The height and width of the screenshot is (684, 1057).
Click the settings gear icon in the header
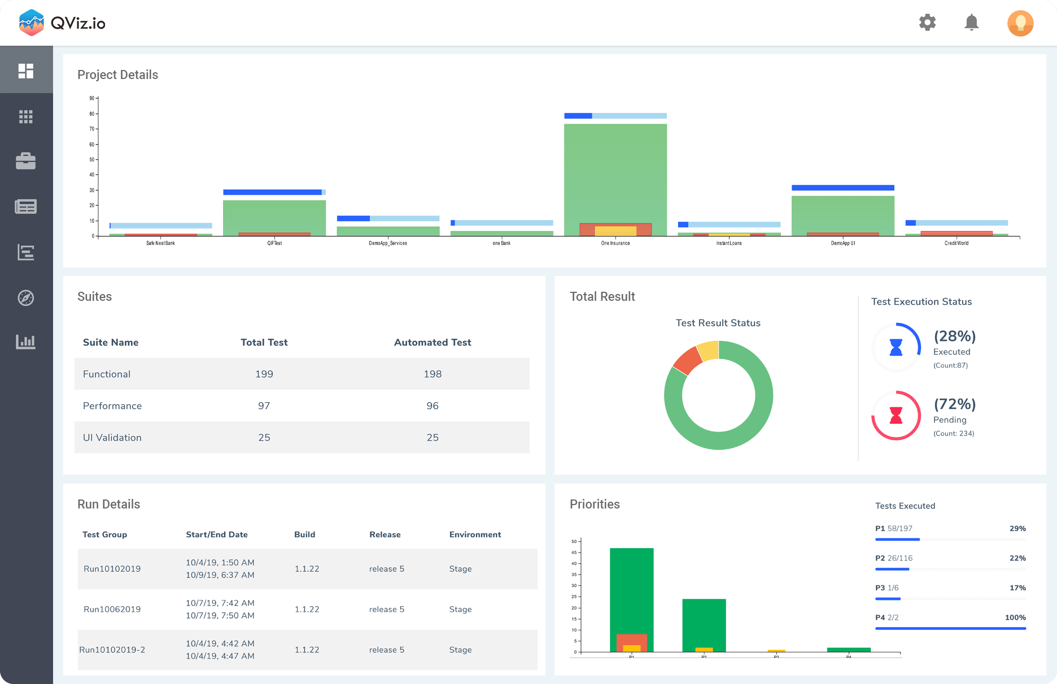tap(927, 23)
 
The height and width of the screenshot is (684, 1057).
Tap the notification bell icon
tap(971, 23)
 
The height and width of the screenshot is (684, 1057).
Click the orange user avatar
tap(1020, 23)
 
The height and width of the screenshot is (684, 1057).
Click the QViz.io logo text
tap(78, 23)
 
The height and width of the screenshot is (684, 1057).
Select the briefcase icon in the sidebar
tap(26, 161)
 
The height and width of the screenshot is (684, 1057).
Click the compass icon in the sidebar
tap(26, 297)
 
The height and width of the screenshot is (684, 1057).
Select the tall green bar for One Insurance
tap(615, 169)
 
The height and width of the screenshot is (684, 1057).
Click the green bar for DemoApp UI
tap(842, 213)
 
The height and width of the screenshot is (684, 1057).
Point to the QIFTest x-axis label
tap(274, 243)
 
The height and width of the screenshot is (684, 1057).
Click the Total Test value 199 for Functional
tap(264, 374)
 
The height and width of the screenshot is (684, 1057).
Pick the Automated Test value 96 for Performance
tap(432, 406)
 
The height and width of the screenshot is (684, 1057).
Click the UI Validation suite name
tap(112, 437)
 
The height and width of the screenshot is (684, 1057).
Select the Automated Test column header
tap(432, 343)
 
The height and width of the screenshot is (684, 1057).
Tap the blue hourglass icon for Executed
tap(896, 347)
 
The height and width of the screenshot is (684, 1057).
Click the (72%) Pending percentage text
tap(954, 404)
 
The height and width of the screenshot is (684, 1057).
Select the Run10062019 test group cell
tap(112, 610)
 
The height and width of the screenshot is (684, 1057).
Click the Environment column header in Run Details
tap(475, 534)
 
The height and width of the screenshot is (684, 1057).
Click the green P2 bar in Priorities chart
tap(704, 621)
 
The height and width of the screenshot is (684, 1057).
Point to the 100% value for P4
tap(1015, 617)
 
